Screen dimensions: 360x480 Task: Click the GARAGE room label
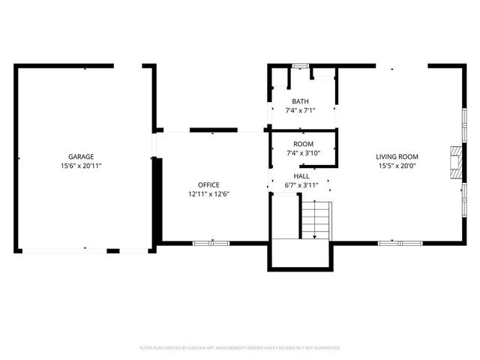click(81, 157)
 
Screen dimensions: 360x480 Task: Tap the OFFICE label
click(208, 184)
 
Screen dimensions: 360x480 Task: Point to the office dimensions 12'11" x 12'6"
click(208, 193)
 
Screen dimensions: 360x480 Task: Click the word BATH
click(300, 101)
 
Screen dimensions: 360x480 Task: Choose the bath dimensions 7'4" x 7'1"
click(300, 110)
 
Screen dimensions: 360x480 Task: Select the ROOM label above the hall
click(303, 144)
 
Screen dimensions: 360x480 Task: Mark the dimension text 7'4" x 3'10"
click(303, 153)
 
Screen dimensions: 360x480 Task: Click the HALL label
click(301, 175)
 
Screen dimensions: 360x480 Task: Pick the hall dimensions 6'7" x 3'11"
click(301, 184)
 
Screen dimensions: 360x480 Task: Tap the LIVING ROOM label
click(397, 157)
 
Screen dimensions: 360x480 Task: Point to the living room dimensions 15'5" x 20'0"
click(397, 166)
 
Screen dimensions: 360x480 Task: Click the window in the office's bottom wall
click(211, 243)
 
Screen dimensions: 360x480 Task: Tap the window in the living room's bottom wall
click(400, 243)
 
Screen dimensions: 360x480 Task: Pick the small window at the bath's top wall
click(301, 66)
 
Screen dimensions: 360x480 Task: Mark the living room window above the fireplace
click(464, 124)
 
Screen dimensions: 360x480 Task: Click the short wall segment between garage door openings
click(113, 250)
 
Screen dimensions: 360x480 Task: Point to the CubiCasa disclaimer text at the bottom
click(240, 348)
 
